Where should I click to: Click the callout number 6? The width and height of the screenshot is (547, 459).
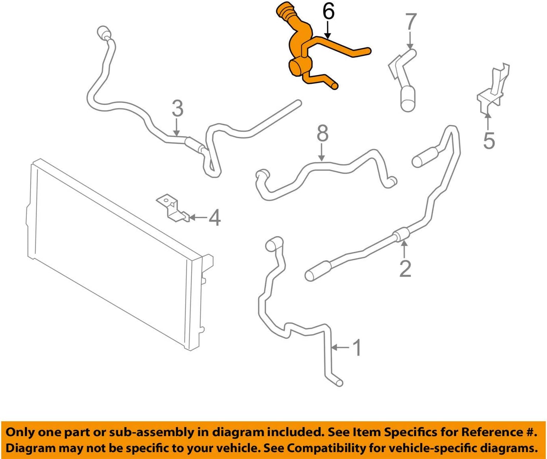pyautogui.click(x=328, y=12)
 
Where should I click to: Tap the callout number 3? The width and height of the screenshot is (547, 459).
pyautogui.click(x=177, y=108)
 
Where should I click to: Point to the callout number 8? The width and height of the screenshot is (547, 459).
pyautogui.click(x=322, y=134)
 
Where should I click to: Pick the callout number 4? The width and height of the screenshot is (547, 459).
pyautogui.click(x=214, y=218)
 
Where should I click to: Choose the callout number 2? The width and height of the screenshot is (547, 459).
pyautogui.click(x=405, y=268)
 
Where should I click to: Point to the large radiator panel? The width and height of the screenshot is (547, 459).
pyautogui.click(x=116, y=257)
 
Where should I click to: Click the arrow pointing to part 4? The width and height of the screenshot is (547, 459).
pyautogui.click(x=198, y=218)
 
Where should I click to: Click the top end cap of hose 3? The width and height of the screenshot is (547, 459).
pyautogui.click(x=103, y=32)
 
